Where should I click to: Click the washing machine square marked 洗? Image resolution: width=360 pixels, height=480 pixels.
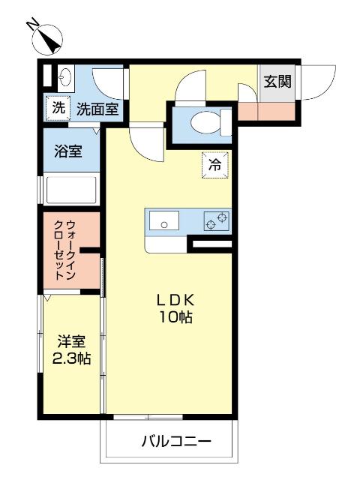(58, 108)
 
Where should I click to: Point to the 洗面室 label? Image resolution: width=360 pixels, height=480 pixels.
(97, 109)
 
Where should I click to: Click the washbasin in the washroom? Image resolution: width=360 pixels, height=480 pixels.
(64, 77)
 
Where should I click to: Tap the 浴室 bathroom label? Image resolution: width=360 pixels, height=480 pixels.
(68, 151)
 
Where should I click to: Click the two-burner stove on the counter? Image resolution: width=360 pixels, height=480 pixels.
(217, 220)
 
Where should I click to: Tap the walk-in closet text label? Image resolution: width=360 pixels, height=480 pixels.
(70, 250)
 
